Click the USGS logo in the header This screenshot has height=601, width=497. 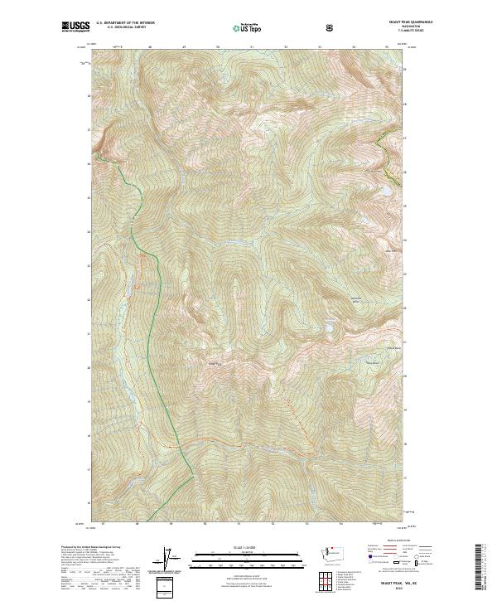point(75,27)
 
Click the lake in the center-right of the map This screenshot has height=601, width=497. point(330,328)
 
